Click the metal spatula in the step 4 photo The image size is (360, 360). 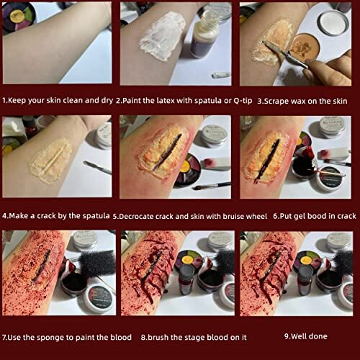(96, 167)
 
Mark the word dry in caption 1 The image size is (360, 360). (104, 100)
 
